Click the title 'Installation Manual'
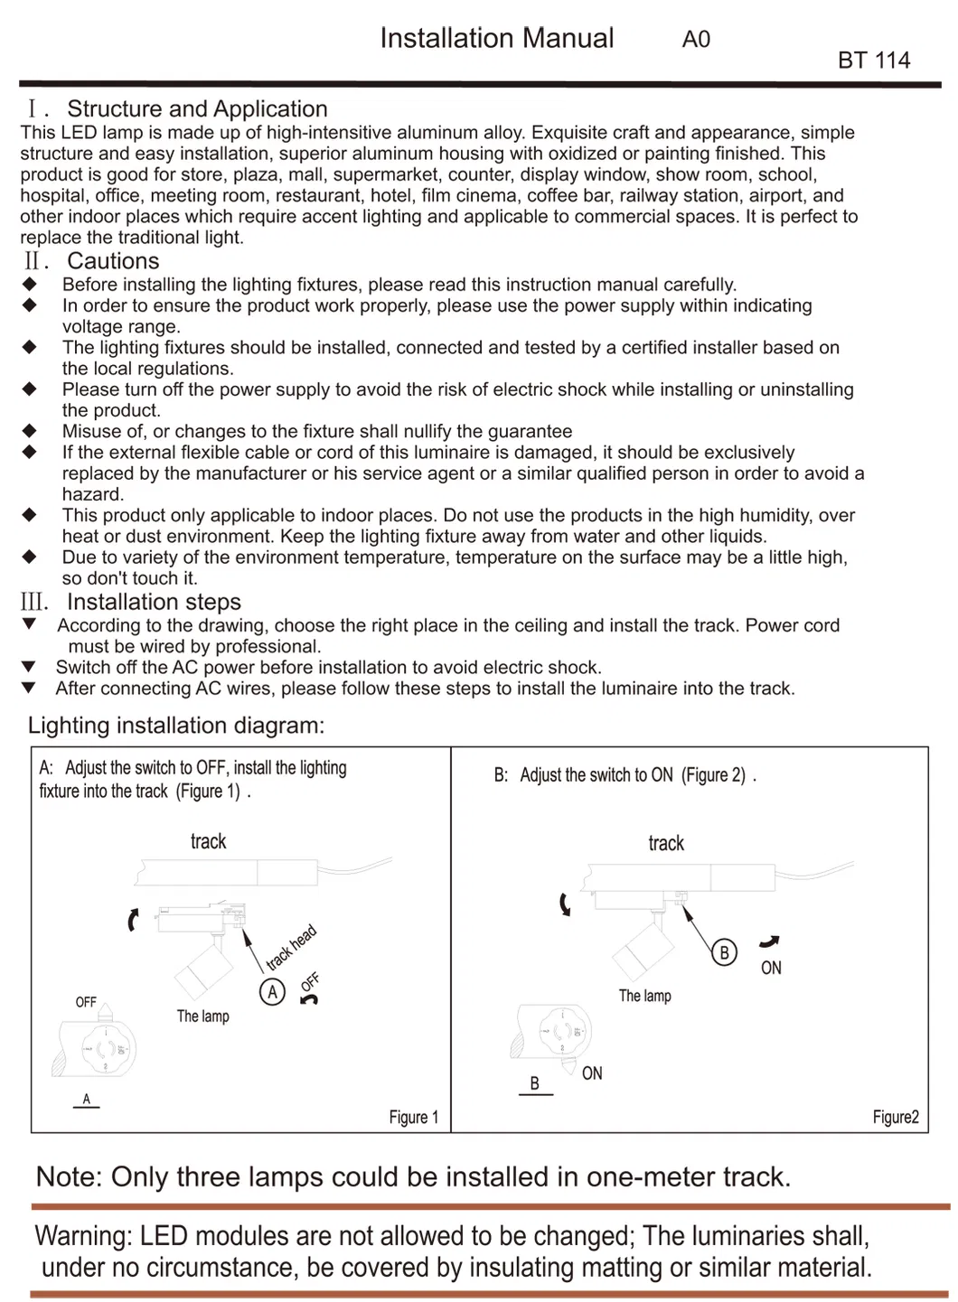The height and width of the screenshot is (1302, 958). tap(496, 38)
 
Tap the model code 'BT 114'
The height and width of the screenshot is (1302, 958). tap(873, 61)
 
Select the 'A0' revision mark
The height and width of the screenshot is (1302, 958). tap(696, 40)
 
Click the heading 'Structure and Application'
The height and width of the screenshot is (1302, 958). tap(197, 109)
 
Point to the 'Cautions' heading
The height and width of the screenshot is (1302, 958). tap(113, 261)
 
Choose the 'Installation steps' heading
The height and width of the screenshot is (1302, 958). tap(154, 602)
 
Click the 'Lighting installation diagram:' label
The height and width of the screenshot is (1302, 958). tap(176, 726)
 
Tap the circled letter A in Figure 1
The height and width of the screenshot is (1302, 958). tap(272, 992)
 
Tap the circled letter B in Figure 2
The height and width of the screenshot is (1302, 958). tap(724, 952)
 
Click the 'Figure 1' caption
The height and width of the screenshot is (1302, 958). tap(413, 1118)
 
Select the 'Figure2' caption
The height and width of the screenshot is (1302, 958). tap(896, 1118)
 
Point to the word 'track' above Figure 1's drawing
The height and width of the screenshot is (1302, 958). tap(208, 842)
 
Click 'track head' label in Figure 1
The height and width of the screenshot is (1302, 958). tap(291, 948)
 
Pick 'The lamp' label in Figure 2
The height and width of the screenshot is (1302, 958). tap(644, 996)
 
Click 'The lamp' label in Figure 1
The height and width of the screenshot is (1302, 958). tap(202, 1016)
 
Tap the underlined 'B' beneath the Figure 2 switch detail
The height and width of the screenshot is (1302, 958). tap(535, 1083)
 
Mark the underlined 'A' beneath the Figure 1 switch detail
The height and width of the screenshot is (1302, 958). tap(87, 1099)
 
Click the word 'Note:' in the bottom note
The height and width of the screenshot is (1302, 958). tap(69, 1177)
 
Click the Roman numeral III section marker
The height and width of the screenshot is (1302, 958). tap(34, 602)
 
